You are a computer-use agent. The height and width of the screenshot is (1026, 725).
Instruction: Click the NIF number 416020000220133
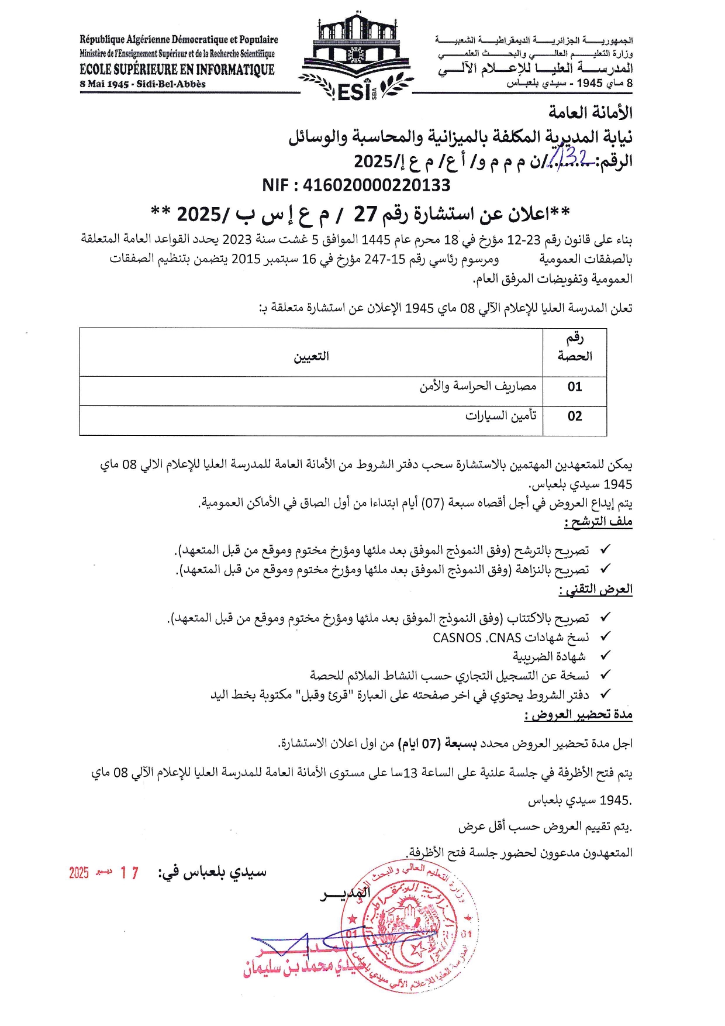356,185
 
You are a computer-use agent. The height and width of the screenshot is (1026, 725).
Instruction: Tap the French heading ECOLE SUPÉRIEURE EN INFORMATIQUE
177,70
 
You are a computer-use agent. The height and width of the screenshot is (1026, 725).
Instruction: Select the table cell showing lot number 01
575,387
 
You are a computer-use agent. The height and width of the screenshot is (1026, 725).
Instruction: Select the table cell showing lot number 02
575,416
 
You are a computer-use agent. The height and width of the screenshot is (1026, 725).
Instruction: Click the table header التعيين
311,356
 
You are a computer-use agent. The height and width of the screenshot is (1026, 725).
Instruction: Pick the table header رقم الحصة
575,347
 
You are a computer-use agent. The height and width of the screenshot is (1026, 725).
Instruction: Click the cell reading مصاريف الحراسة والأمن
478,387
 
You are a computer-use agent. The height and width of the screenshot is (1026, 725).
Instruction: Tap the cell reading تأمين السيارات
500,416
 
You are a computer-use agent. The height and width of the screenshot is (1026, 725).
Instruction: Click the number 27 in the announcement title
365,215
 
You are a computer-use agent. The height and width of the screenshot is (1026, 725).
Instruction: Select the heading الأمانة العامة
590,112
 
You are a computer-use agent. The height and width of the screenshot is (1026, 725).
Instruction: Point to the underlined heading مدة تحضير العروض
578,714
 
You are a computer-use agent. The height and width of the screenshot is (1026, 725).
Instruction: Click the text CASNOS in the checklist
457,638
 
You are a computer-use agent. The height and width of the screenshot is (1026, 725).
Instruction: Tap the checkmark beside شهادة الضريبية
605,656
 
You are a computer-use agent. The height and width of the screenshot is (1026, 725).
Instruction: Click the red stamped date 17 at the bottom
129,873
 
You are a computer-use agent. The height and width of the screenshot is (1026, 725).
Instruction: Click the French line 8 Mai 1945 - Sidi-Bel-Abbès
143,84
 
